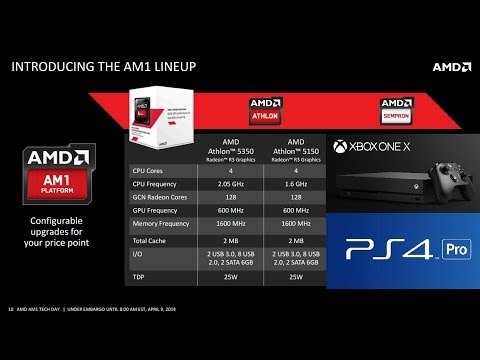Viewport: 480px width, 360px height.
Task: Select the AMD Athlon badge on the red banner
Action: click(262, 109)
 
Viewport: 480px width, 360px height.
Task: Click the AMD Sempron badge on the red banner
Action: click(397, 109)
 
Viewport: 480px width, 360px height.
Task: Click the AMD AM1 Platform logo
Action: click(60, 169)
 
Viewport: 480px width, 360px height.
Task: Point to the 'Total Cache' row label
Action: click(152, 241)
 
